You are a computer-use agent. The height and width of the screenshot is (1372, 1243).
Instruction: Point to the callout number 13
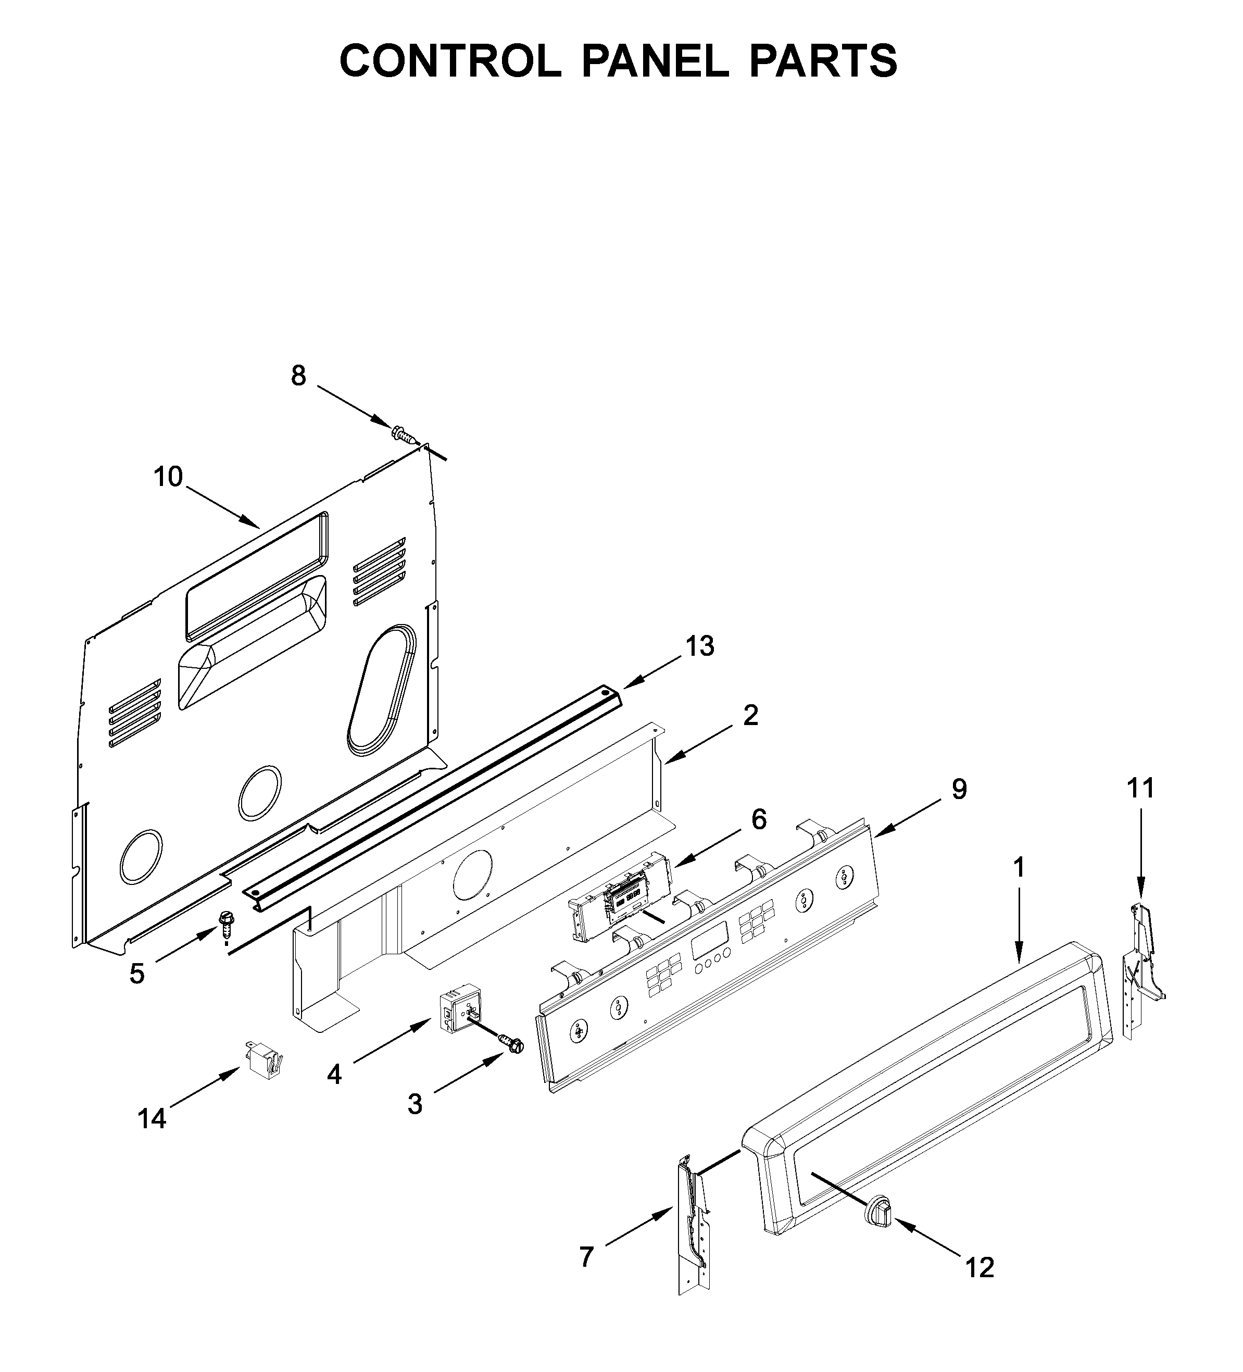(x=699, y=646)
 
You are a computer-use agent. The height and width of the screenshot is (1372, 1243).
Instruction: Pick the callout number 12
(x=980, y=1267)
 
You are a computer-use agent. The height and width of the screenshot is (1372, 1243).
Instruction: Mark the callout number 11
(x=1141, y=788)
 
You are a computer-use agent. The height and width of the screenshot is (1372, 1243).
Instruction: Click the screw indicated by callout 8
(x=403, y=433)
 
